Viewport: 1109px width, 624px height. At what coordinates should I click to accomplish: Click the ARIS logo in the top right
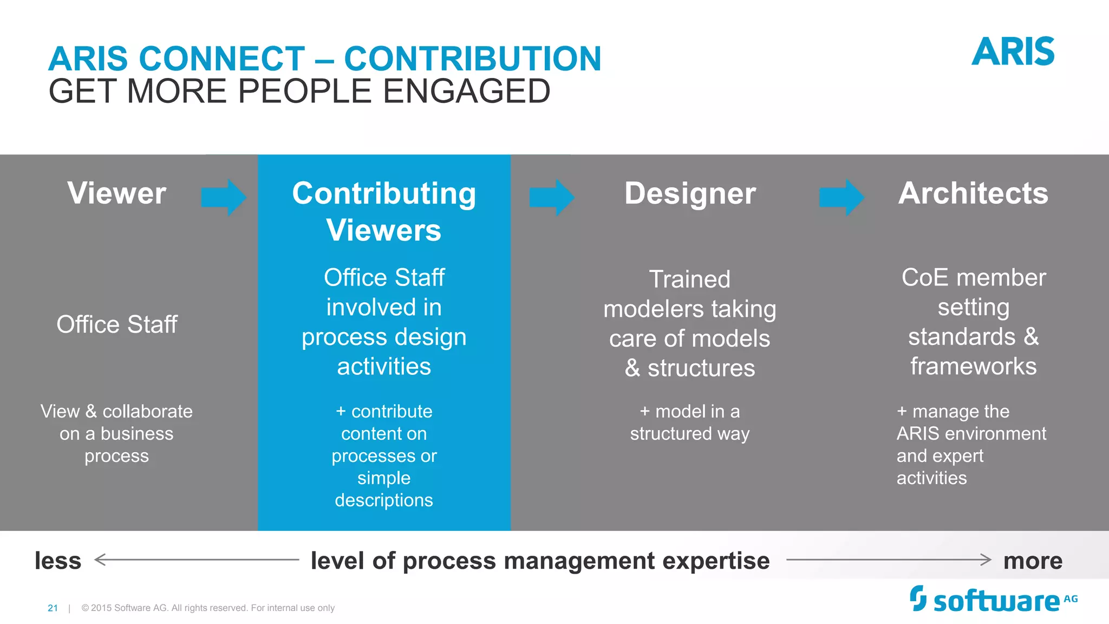(1013, 52)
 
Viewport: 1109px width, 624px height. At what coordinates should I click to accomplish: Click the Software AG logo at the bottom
(993, 600)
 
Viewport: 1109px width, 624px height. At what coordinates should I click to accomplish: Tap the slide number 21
(53, 608)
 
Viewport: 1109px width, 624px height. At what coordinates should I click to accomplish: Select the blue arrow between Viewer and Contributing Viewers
(224, 197)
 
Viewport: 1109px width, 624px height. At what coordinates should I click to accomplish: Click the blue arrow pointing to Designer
(551, 197)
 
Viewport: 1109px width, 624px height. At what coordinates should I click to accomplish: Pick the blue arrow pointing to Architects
(841, 197)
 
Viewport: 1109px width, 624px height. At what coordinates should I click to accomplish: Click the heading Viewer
(116, 193)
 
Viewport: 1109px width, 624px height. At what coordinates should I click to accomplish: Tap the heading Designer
(690, 193)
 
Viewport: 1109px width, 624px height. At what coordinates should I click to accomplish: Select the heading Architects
(973, 193)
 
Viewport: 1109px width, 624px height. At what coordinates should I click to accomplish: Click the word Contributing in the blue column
(384, 194)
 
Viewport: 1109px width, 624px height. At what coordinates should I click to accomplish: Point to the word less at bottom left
(58, 561)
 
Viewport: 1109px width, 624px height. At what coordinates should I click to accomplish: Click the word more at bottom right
(1033, 561)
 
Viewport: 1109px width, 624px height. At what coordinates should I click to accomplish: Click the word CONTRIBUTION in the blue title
(473, 58)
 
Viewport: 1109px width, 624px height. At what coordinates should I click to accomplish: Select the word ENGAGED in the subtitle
(467, 91)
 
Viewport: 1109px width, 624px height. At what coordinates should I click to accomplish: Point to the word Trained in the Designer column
(690, 279)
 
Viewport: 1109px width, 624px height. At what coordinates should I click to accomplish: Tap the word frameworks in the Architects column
(973, 367)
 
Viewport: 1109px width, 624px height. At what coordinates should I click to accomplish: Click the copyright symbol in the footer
(85, 608)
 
